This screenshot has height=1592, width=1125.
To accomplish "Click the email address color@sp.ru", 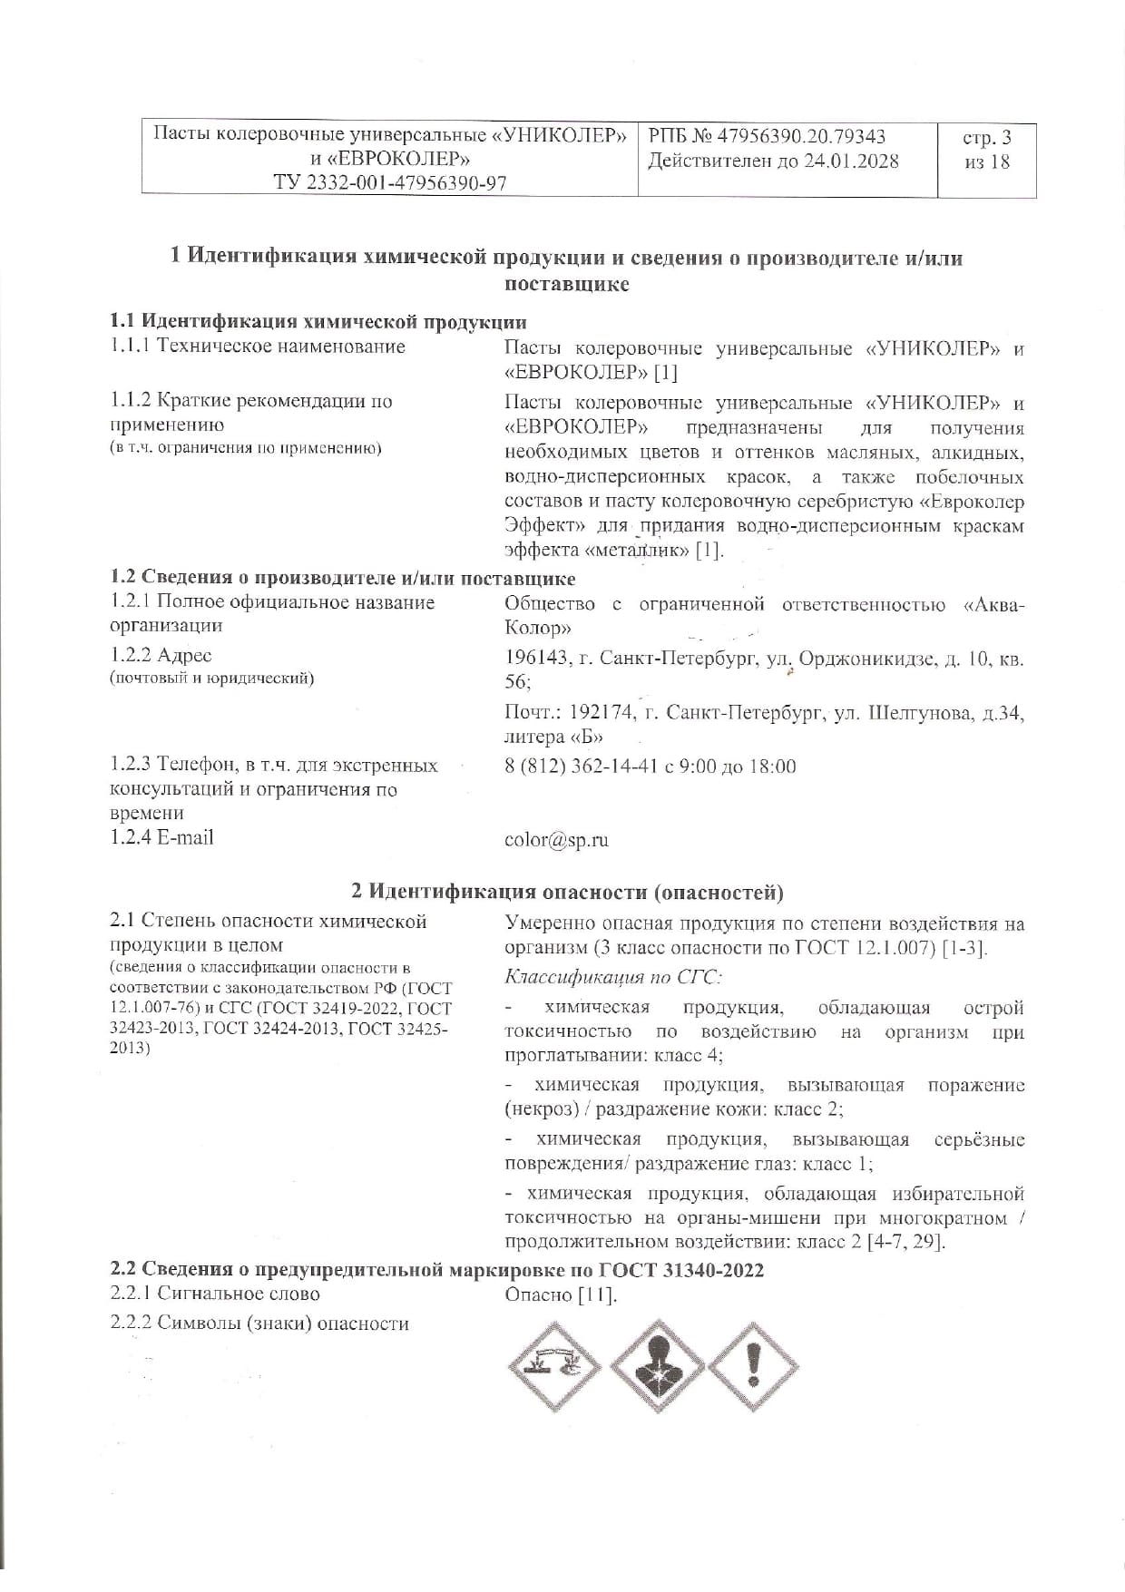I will pos(556,840).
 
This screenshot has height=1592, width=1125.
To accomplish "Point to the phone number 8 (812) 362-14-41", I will pos(580,767).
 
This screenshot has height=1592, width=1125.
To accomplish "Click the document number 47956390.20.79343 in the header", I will pos(800,137).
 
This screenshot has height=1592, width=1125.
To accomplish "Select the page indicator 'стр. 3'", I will pos(986,138).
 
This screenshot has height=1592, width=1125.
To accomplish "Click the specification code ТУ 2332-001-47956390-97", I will pos(390,183).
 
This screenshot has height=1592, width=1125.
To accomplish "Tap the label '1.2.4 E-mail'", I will pos(161,837).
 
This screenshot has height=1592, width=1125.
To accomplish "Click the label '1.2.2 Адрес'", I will pos(161,655).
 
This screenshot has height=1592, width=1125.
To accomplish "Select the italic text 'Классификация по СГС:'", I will pos(613,977).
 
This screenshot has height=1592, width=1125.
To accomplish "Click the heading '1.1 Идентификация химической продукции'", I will pos(318,322).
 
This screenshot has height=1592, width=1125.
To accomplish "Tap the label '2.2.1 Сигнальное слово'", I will pos(215,1294).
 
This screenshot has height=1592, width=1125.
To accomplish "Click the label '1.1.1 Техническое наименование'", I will pos(258,347).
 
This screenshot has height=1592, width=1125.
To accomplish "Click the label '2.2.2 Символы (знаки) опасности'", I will pos(259,1323).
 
